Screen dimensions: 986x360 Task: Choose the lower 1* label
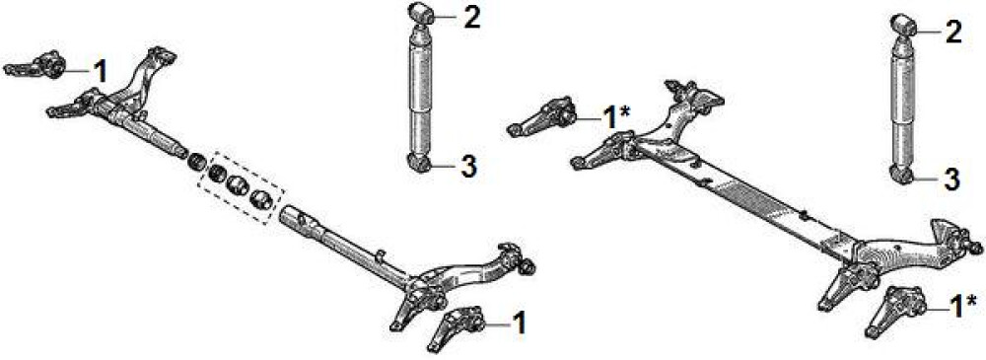pyautogui.click(x=961, y=307)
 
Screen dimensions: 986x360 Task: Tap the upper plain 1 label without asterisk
pyautogui.click(x=100, y=72)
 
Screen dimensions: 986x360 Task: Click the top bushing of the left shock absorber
pyautogui.click(x=421, y=13)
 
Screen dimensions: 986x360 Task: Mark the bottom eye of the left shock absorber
pyautogui.click(x=419, y=163)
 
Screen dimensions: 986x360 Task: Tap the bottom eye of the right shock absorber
pyautogui.click(x=902, y=175)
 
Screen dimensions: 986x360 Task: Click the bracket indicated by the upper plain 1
pyautogui.click(x=36, y=65)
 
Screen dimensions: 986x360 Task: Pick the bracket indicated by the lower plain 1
pyautogui.click(x=456, y=326)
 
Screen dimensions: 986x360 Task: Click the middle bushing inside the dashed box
pyautogui.click(x=237, y=185)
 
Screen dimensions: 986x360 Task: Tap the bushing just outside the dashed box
pyautogui.click(x=197, y=163)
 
